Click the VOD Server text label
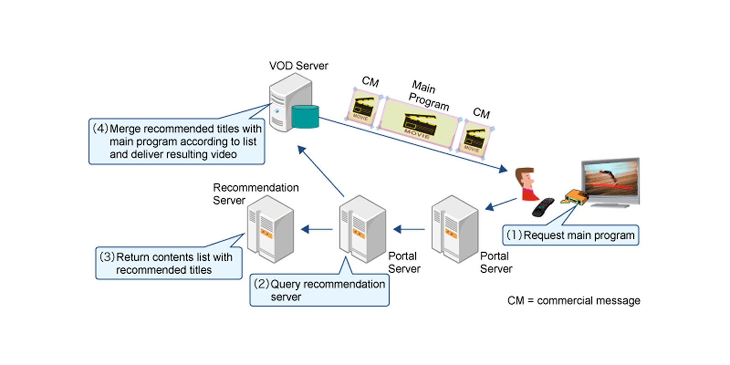point(298,66)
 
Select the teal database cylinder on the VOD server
point(305,116)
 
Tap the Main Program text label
point(428,95)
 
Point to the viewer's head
point(526,177)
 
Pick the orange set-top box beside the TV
point(576,197)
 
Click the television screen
point(610,180)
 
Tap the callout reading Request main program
point(570,235)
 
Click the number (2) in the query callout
point(262,284)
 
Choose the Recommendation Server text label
point(255,194)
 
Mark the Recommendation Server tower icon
point(270,229)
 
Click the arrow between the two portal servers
point(409,229)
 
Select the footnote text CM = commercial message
point(574,301)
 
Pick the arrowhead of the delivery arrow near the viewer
point(503,169)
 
